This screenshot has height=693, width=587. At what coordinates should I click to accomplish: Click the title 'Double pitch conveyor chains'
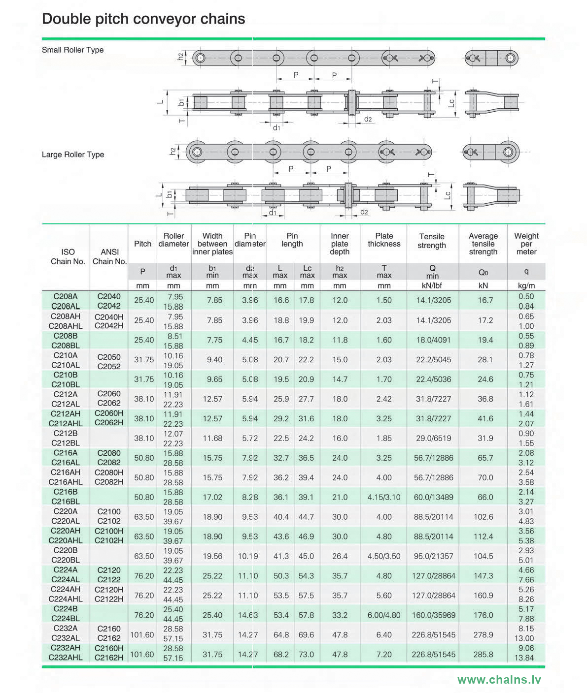tap(143, 19)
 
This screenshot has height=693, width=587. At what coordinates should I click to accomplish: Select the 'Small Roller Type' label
tap(72, 50)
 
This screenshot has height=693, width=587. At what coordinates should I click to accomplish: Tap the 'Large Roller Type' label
tap(72, 155)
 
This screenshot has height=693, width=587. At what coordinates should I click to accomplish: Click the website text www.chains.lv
tap(499, 680)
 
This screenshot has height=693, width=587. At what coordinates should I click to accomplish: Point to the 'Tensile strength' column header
tap(432, 241)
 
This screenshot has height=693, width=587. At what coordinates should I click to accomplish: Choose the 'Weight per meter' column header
tap(526, 244)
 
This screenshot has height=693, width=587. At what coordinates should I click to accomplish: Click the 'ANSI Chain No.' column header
tap(109, 256)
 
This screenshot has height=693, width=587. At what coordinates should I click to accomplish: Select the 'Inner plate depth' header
tap(340, 244)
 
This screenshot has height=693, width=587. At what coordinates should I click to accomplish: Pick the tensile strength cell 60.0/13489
tap(433, 497)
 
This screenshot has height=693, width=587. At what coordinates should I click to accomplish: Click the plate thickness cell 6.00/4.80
tap(384, 615)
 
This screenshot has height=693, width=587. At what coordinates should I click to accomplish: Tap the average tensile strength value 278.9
tap(483, 635)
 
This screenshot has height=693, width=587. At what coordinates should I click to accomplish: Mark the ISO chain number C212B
tap(65, 434)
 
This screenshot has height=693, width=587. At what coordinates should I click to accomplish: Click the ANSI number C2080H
tap(109, 472)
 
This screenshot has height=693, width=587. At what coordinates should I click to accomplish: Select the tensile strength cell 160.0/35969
tap(433, 615)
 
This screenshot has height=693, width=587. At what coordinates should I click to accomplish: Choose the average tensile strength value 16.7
tap(485, 300)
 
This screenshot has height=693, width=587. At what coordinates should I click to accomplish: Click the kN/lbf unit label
tap(432, 285)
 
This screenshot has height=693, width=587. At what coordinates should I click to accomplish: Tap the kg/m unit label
tap(526, 285)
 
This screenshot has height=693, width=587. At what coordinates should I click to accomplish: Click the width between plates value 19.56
tap(212, 556)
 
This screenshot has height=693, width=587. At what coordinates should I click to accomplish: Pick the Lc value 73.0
tap(306, 655)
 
